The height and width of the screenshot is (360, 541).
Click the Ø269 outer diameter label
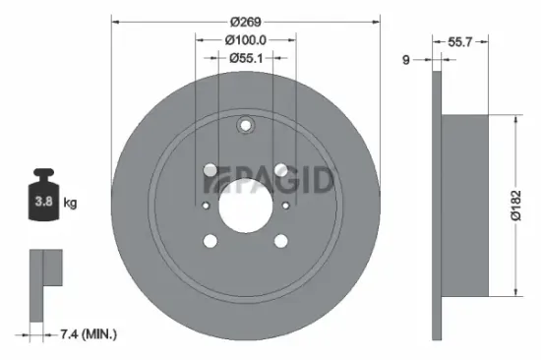point(246,22)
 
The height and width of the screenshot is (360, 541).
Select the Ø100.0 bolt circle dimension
point(246,39)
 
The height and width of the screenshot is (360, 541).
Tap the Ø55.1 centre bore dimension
point(246,58)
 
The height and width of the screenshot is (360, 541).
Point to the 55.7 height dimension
point(461,43)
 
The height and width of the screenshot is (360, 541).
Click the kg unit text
point(70,205)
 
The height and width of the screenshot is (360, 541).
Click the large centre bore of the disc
point(245,205)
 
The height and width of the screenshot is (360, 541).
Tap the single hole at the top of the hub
point(245,125)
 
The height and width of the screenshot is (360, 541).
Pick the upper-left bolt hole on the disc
point(210,169)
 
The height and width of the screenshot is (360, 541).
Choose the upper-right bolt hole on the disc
point(281,169)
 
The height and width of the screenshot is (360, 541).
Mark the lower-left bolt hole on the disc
point(210,241)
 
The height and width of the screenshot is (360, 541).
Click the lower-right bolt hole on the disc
point(281,241)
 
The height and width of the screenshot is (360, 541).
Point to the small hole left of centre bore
point(204,206)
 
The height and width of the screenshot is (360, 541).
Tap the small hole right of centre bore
point(286,206)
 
